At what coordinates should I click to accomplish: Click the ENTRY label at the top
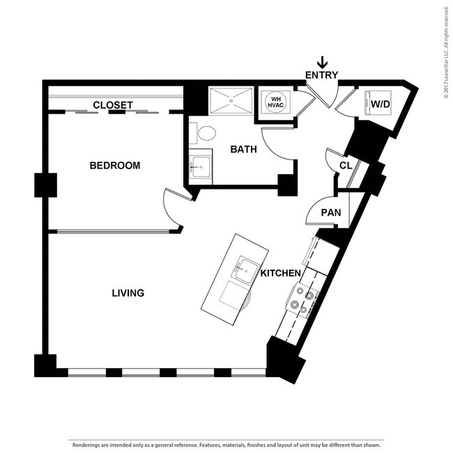[x=321, y=75]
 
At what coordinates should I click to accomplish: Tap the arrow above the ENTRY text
[x=322, y=61]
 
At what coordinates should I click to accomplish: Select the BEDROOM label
[x=115, y=166]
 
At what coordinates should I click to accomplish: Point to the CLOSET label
[x=113, y=105]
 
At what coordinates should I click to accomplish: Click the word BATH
[x=243, y=149]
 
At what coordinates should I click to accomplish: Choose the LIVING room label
[x=128, y=293]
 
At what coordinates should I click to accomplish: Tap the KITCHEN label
[x=281, y=273]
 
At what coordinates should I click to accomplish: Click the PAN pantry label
[x=331, y=213]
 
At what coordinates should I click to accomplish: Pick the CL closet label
[x=346, y=166]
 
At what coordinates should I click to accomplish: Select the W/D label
[x=381, y=104]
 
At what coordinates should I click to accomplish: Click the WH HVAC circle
[x=275, y=102]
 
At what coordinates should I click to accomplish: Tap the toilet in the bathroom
[x=203, y=133]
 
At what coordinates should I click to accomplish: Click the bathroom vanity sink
[x=201, y=167]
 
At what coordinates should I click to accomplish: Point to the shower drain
[x=231, y=100]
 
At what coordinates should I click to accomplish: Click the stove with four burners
[x=302, y=300]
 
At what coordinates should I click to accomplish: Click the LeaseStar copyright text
[x=447, y=52]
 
